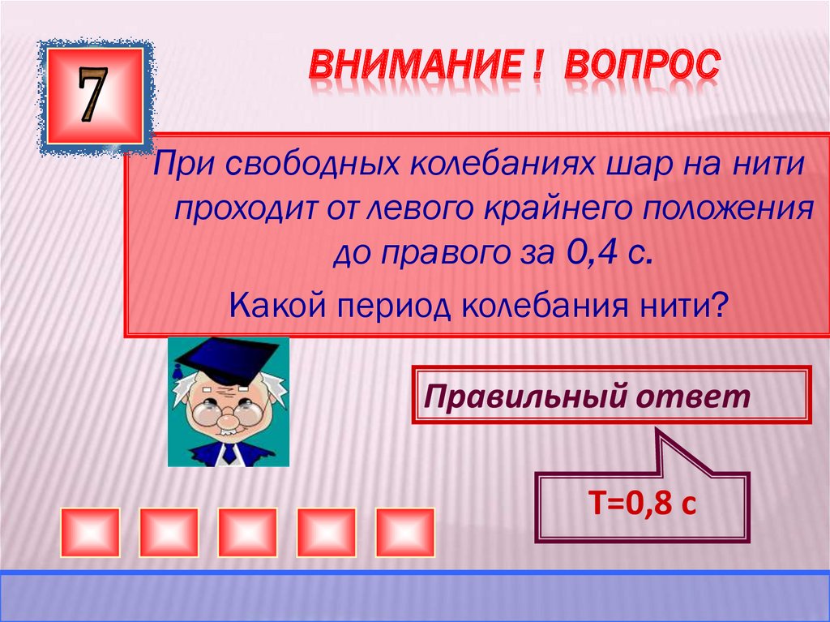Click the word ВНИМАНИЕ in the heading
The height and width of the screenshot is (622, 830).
[411, 66]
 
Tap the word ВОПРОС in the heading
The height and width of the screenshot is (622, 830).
[641, 66]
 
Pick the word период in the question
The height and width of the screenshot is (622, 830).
[383, 308]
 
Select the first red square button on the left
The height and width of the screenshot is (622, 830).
[91, 532]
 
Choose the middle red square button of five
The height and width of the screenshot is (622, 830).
[248, 532]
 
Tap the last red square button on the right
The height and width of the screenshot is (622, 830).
[405, 532]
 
